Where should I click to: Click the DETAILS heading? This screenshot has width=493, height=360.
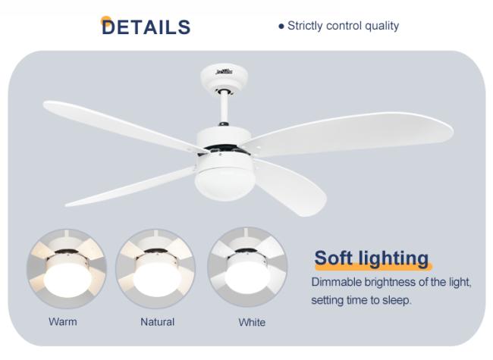pos(146,27)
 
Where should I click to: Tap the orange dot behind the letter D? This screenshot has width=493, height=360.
pos(105,20)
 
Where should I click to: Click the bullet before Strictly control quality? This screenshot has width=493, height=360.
pos(281,27)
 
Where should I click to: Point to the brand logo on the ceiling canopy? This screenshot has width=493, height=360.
pos(225,72)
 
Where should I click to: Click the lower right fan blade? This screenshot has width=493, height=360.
pos(289,188)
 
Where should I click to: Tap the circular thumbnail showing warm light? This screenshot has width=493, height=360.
pos(67,268)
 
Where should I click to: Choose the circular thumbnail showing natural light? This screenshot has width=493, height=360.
pos(155,268)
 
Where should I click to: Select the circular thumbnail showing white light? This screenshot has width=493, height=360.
pos(247,267)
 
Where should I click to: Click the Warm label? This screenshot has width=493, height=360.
pos(62,321)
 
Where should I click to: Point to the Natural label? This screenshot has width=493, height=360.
pos(157,322)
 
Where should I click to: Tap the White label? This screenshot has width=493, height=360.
pos(252,322)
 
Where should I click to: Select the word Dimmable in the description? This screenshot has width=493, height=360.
pos(336,282)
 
